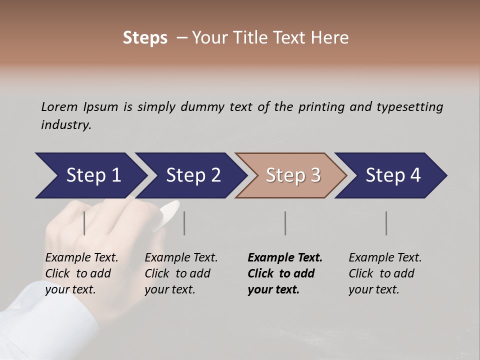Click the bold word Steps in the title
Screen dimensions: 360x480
click(145, 38)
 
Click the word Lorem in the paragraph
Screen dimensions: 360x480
click(59, 106)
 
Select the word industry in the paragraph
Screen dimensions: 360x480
click(65, 125)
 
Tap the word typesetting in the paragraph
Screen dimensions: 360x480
click(409, 107)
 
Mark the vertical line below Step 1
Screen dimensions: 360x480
click(84, 223)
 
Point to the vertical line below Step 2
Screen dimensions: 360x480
click(184, 223)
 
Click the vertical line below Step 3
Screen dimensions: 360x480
click(285, 223)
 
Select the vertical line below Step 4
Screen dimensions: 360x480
click(386, 223)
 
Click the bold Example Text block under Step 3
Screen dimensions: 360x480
click(284, 273)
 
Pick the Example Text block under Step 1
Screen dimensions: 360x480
click(81, 273)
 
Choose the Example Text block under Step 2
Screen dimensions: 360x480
click(181, 273)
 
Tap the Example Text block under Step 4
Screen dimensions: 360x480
click(385, 273)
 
